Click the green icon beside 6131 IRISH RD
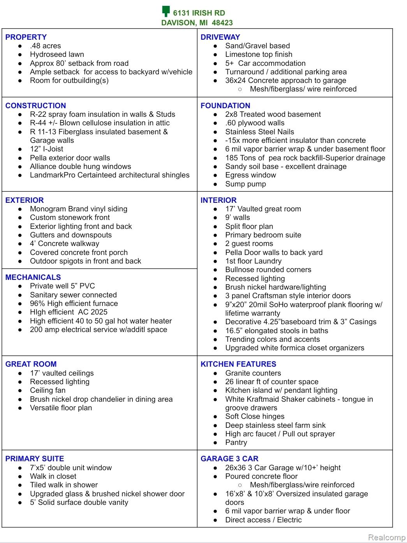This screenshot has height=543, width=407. point(166,11)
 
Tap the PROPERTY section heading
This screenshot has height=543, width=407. point(26,37)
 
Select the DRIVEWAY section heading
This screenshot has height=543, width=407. point(220,37)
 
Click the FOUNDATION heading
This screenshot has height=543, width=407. point(225,105)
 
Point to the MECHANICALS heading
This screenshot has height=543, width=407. point(33,277)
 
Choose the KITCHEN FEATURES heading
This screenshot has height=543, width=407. point(238,364)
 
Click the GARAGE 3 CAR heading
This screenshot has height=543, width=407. point(229,459)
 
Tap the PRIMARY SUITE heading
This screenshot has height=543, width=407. point(35,459)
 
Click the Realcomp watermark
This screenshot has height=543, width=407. point(386,537)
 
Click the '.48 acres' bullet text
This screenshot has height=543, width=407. point(45,46)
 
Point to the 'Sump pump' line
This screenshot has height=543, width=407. point(245,184)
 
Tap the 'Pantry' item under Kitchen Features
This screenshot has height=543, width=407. point(236,442)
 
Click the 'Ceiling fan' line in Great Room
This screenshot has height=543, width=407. point(48,390)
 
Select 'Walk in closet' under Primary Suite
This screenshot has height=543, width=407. point(53,476)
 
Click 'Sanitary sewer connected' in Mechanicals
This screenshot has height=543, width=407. point(73,295)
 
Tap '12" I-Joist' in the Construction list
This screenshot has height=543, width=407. point(46,149)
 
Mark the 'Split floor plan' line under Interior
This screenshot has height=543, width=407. point(249,226)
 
